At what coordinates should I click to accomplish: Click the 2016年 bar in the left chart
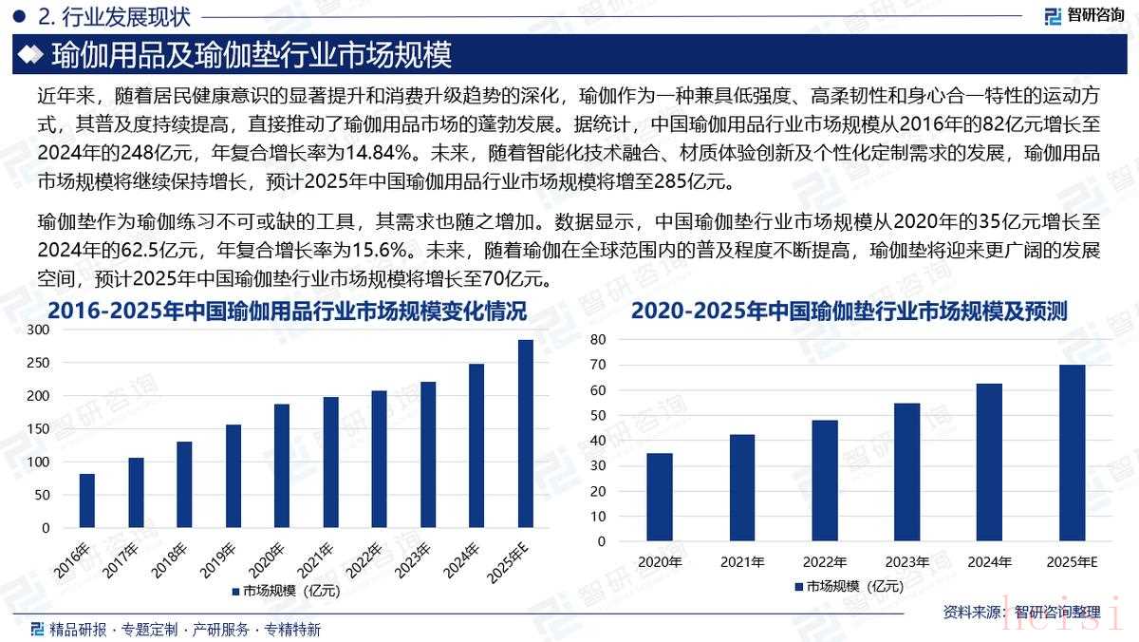86,500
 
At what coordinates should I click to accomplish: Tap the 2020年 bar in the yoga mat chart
659,497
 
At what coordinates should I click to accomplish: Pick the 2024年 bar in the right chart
989,463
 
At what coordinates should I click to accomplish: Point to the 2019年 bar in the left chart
233,476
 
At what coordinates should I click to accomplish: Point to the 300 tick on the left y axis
38,330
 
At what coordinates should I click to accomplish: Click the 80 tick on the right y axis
597,339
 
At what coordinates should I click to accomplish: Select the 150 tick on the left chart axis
38,428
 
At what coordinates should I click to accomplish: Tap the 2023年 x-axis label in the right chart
906,562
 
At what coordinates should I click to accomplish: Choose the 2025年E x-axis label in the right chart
1072,562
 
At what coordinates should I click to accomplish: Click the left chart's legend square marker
234,591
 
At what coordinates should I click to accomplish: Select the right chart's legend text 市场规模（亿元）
854,586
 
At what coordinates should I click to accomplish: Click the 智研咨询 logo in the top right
1084,15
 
